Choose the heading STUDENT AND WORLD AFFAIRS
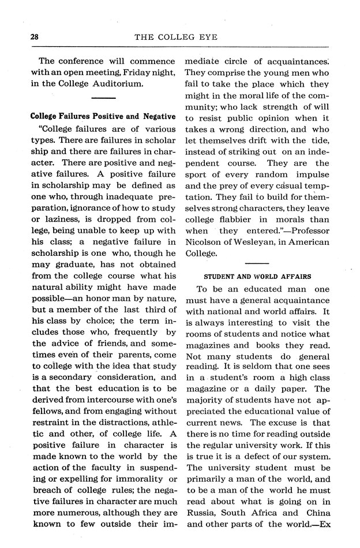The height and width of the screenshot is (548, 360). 257,277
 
